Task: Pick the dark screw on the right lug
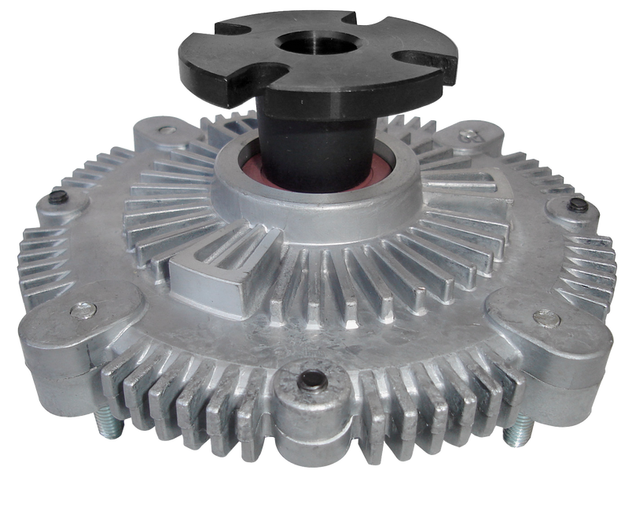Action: click(x=575, y=206)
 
